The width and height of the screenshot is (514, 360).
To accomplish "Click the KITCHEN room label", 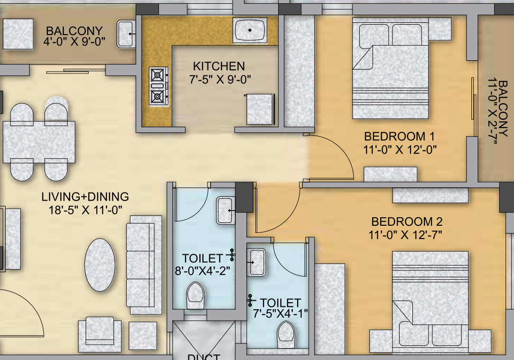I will click(x=219, y=66).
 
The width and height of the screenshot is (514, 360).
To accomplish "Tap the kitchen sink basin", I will click(x=250, y=30).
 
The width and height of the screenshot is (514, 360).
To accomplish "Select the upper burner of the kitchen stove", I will click(x=158, y=74).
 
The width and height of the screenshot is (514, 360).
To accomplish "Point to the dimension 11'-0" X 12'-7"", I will click(x=407, y=234).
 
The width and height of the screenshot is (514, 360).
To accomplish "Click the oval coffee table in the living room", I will click(x=100, y=264).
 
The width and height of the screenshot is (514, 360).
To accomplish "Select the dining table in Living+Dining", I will click(x=39, y=142).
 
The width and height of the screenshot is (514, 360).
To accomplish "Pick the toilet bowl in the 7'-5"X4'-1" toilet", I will click(x=286, y=335).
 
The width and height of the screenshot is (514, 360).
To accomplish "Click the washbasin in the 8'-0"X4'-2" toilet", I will click(x=225, y=210).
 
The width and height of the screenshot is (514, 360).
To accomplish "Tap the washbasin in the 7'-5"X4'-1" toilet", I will click(x=257, y=262).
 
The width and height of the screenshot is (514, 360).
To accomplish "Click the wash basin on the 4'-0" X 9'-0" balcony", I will click(x=126, y=34).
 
